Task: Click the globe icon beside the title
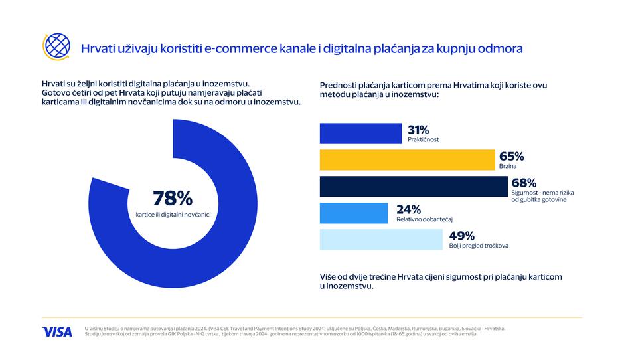pyautogui.click(x=56, y=46)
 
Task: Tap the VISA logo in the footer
pyautogui.click(x=57, y=331)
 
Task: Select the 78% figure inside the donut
pyautogui.click(x=172, y=198)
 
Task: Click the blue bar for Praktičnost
pyautogui.click(x=360, y=134)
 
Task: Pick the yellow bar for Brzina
pyautogui.click(x=408, y=160)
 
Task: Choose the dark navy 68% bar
pyautogui.click(x=413, y=187)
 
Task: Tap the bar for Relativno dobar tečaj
pyautogui.click(x=354, y=213)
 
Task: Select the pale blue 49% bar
pyautogui.click(x=381, y=240)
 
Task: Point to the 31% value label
pyautogui.click(x=419, y=130)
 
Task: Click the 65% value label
pyautogui.click(x=512, y=156)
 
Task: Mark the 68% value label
pyautogui.click(x=524, y=182)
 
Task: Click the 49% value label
pyautogui.click(x=461, y=235)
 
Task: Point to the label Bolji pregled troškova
pyautogui.click(x=478, y=246)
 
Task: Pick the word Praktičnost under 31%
pyautogui.click(x=424, y=140)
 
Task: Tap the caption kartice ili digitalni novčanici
pyautogui.click(x=173, y=214)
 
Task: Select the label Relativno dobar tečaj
pyautogui.click(x=428, y=219)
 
